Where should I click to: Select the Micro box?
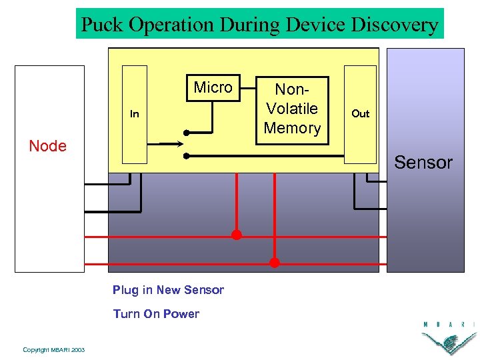[x=213, y=88]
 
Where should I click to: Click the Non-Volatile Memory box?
[x=293, y=109]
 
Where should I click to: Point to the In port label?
[x=135, y=114]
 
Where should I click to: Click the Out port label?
[x=360, y=113]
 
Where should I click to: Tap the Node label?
[x=48, y=146]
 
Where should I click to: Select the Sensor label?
[x=423, y=162]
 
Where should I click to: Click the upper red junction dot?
[x=236, y=235]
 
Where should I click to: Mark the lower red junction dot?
[x=274, y=263]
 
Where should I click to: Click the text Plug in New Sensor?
[x=168, y=290]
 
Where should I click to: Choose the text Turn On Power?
[x=156, y=314]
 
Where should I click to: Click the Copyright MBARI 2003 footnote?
[x=53, y=350]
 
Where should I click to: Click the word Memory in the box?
[x=293, y=127]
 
